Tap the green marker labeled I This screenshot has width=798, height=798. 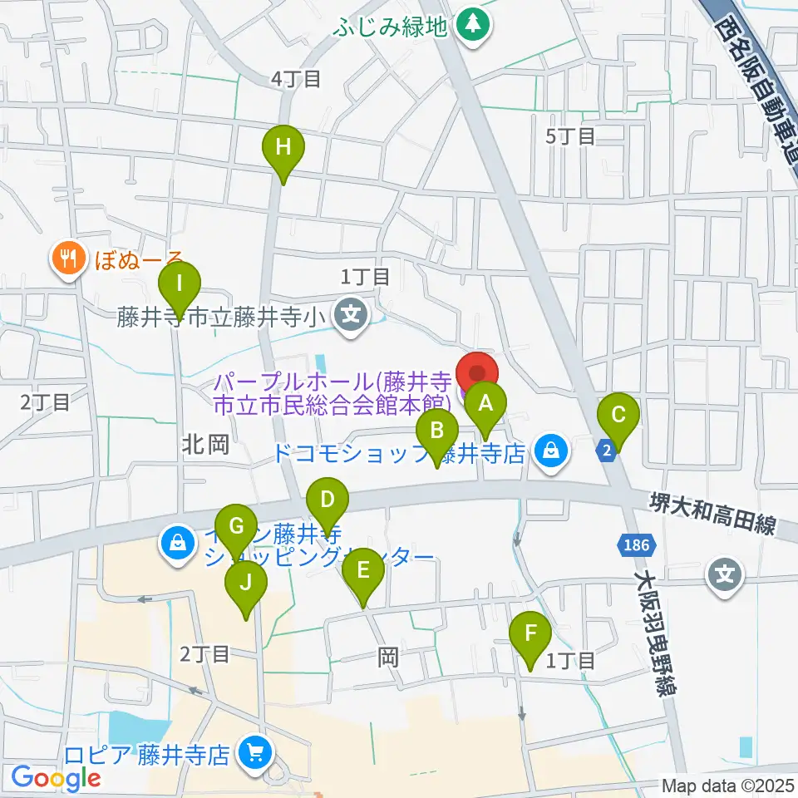180,284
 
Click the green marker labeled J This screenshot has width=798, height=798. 246,584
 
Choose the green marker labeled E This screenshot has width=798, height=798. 363,572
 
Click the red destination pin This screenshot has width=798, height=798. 477,372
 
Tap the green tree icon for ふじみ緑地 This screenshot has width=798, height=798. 474,23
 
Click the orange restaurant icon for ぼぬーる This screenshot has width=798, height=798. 67,259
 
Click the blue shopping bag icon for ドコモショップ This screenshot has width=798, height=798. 549,452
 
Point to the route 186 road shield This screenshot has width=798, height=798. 638,546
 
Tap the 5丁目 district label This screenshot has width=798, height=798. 571,136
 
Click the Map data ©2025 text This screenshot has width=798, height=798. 727,786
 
